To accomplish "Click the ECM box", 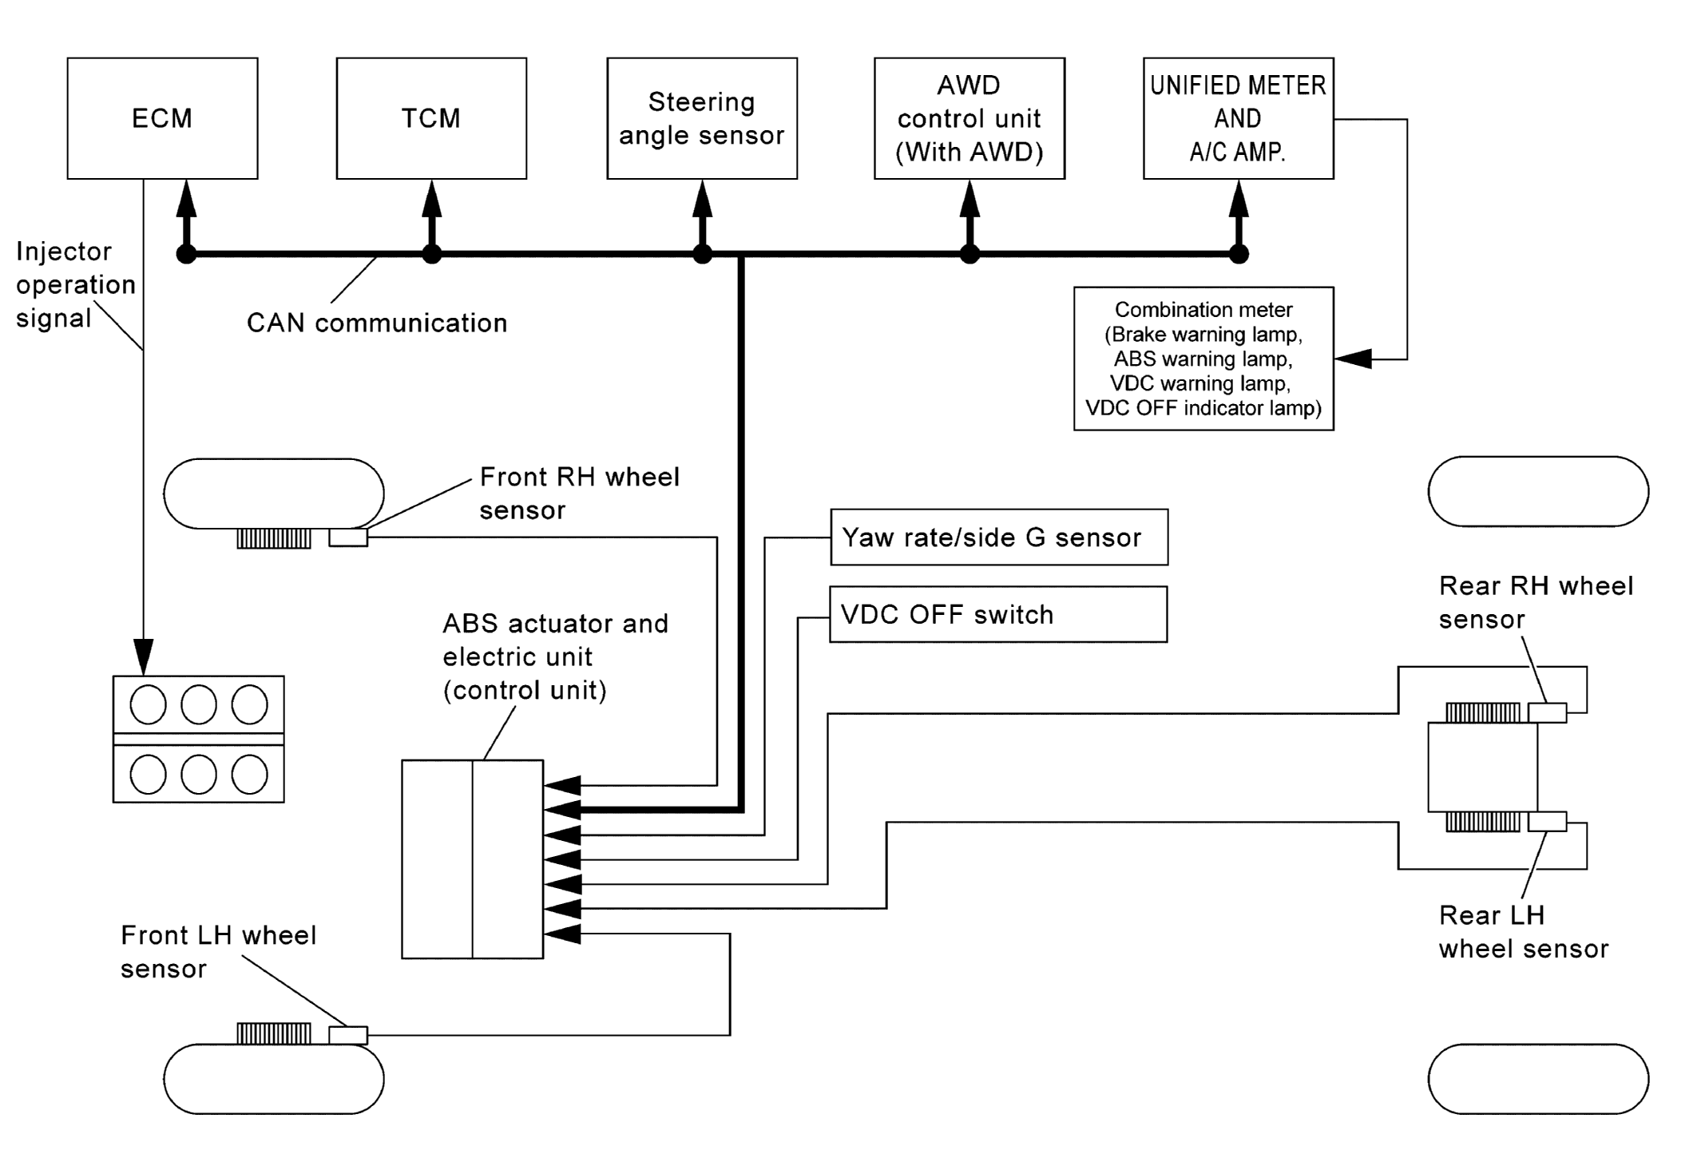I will [x=162, y=118].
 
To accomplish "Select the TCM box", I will [x=431, y=118].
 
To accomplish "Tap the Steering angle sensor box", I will [x=702, y=118].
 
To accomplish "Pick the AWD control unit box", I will [x=969, y=118].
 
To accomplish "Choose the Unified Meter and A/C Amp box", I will [x=1238, y=118].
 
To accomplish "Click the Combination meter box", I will [x=1203, y=359].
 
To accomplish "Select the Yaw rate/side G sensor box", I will [x=999, y=537].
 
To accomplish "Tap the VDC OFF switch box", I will [x=998, y=614].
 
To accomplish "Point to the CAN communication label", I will [x=377, y=323].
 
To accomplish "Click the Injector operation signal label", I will [x=75, y=284].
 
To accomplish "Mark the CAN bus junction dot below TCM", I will [x=431, y=255].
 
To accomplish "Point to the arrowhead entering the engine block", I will [x=144, y=656].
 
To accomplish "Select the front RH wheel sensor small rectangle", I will [x=348, y=538].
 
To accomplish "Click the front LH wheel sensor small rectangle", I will [x=348, y=1035].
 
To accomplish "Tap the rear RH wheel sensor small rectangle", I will [x=1547, y=712].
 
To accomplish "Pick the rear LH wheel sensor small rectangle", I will [x=1547, y=821].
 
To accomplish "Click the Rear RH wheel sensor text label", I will [x=1536, y=602].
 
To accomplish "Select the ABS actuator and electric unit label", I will [x=555, y=656].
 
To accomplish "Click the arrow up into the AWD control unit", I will [x=969, y=200].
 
